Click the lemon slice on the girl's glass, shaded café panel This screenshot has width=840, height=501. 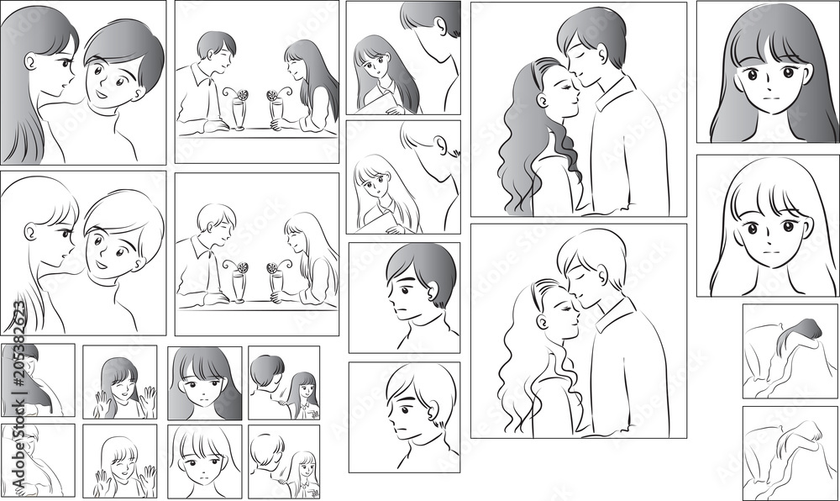coord(273,95)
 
